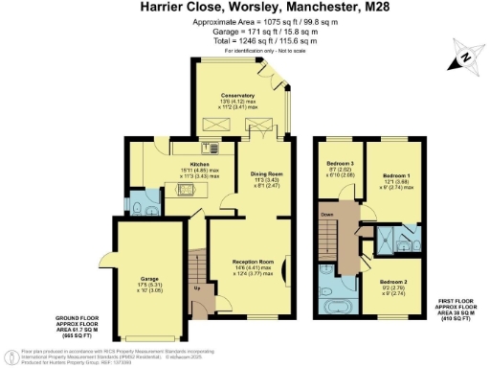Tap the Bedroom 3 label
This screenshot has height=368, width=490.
tap(340, 164)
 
